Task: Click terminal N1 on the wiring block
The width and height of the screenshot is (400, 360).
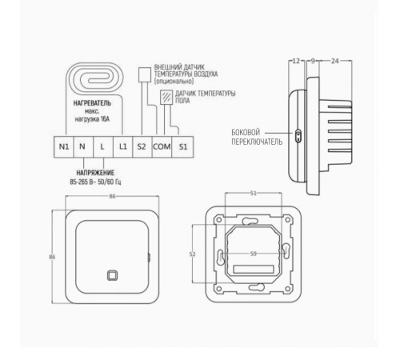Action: pos(64,148)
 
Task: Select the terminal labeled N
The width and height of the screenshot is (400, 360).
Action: pos(82,148)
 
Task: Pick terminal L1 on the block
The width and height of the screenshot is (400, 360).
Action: pos(122,148)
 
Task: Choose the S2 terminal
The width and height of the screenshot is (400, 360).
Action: pos(142,148)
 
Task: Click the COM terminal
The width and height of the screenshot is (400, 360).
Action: pos(162,148)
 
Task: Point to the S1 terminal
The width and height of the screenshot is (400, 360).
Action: pos(182,148)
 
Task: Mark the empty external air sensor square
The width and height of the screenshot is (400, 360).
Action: pos(144,74)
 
